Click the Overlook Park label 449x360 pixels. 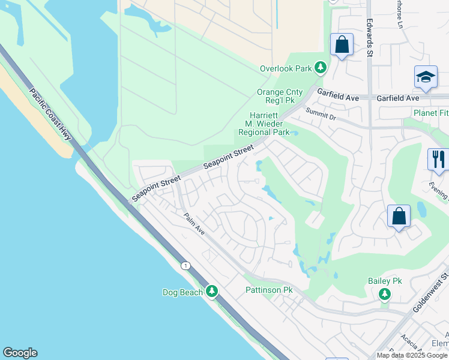[286, 68]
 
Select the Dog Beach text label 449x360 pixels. [183, 292]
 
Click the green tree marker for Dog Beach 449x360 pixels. [211, 291]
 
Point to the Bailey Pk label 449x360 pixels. [385, 281]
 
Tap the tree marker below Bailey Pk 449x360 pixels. [385, 294]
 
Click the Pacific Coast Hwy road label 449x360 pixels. [50, 115]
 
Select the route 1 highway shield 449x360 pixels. [187, 265]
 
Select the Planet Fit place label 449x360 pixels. [430, 112]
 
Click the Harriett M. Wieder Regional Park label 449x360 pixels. [264, 124]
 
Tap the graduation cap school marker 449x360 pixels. [426, 77]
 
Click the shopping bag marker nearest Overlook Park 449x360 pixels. [342, 44]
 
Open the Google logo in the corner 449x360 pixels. [20, 353]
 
